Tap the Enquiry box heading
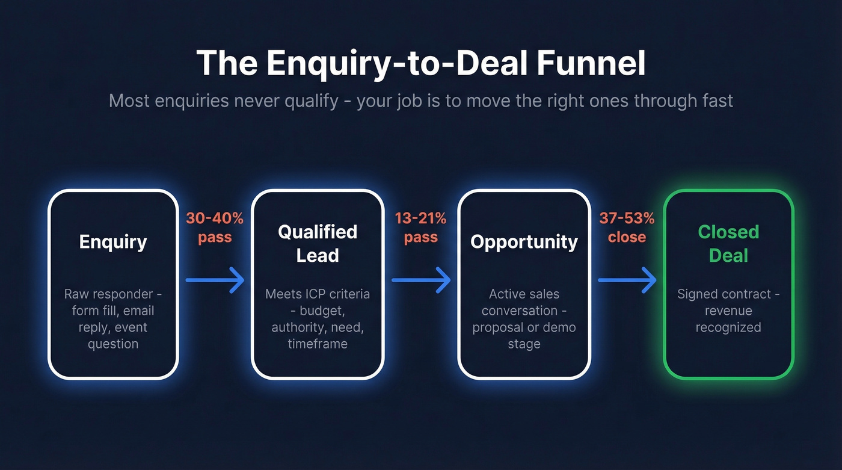[113, 242]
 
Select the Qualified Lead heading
[318, 244]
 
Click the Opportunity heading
[524, 242]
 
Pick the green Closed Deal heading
[728, 244]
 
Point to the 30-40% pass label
[215, 227]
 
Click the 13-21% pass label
[420, 227]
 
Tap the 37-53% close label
[626, 227]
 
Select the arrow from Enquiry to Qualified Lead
[215, 280]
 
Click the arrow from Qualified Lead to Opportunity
[420, 280]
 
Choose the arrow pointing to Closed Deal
[626, 280]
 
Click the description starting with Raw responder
[113, 319]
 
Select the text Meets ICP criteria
[318, 294]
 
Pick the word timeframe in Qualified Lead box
[318, 344]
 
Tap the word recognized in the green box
[728, 327]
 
